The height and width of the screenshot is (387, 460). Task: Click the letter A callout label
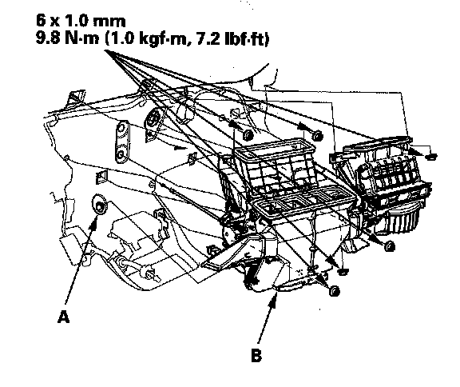[64, 317]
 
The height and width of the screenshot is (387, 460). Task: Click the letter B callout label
[256, 355]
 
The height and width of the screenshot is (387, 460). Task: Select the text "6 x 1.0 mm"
[81, 21]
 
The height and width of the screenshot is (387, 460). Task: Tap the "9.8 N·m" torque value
[68, 38]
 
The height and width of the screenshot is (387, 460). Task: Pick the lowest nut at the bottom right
[334, 291]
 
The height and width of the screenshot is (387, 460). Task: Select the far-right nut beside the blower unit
[431, 156]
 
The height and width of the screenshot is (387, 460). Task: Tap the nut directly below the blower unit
[389, 246]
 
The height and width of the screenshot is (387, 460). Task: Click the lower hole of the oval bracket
[121, 155]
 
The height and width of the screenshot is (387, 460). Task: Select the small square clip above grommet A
[101, 177]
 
